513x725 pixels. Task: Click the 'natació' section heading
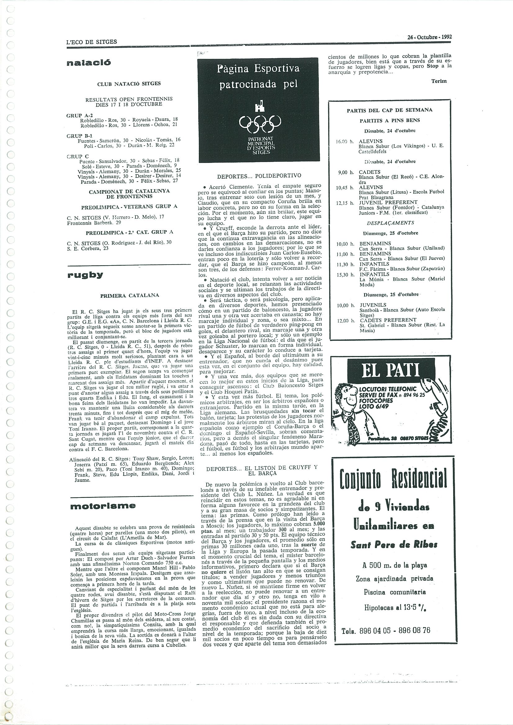point(89,63)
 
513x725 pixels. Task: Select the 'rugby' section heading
point(85,275)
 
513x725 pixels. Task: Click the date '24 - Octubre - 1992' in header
point(430,37)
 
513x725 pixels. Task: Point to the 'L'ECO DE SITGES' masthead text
point(92,42)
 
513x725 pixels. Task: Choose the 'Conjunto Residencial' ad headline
point(393,479)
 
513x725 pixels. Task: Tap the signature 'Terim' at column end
point(439,81)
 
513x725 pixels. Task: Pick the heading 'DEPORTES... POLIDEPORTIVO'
point(259,176)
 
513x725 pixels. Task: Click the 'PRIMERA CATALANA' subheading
point(129,296)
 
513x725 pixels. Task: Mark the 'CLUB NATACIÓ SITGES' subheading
point(129,84)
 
